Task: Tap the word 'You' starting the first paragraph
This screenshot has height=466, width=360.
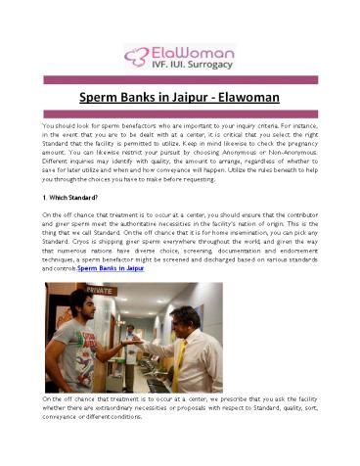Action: [x=49, y=126]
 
